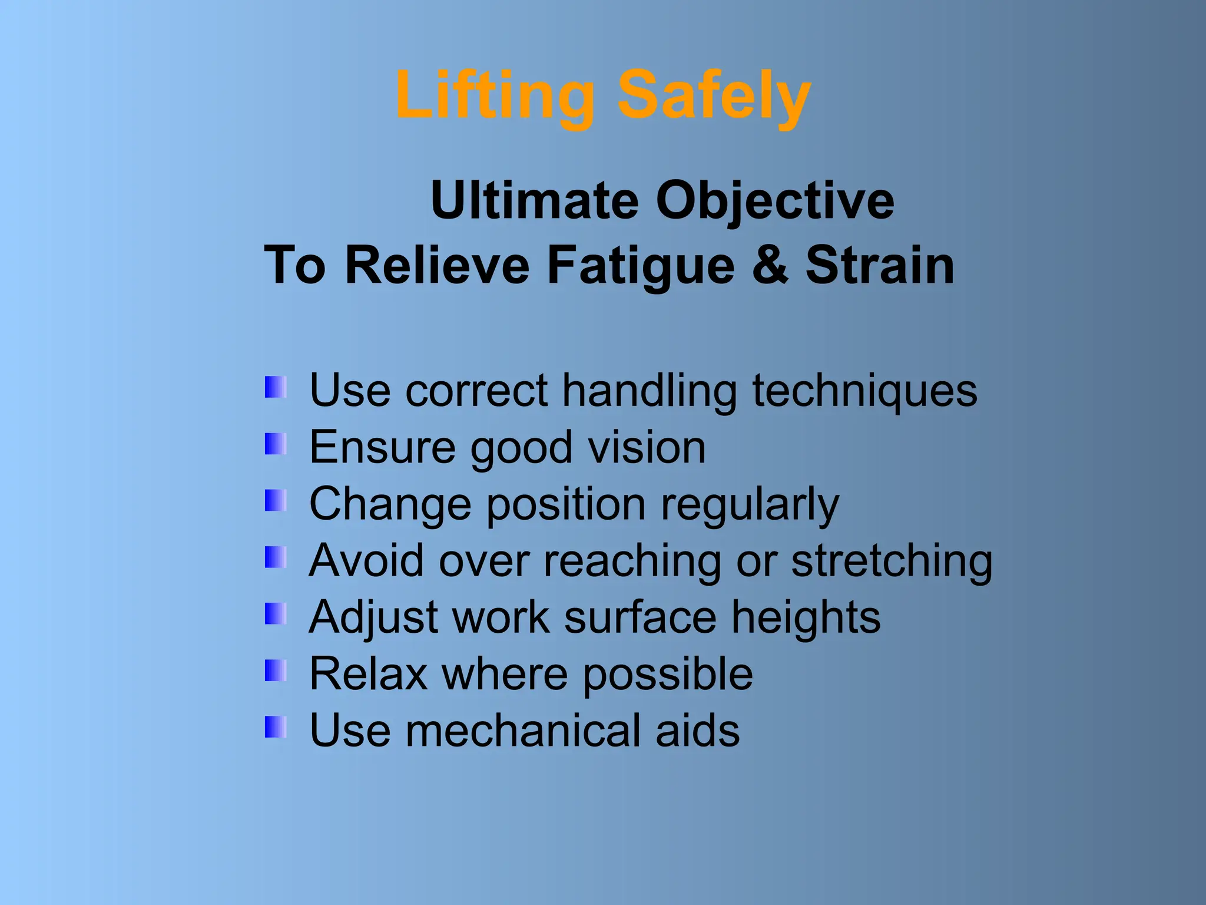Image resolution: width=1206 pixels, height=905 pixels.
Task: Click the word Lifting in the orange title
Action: coord(495,96)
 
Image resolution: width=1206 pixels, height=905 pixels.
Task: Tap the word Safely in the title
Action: coord(714,96)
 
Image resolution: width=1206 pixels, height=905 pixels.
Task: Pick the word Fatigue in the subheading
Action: coord(641,266)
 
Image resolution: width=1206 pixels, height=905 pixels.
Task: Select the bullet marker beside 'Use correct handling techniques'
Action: coord(276,387)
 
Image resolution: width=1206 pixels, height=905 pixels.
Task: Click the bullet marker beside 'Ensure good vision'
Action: coord(276,444)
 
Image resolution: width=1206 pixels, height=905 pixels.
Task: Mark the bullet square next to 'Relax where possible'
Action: coord(276,670)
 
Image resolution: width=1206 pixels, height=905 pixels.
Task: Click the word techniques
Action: coord(864,391)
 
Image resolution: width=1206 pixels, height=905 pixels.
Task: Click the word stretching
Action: coord(892,562)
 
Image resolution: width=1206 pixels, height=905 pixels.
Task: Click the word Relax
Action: coord(368,674)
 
